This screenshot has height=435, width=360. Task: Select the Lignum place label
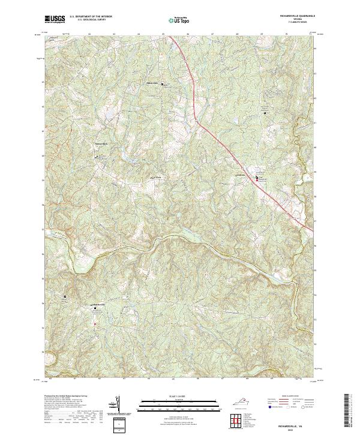pyautogui.click(x=241, y=175)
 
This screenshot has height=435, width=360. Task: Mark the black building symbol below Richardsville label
pyautogui.click(x=94, y=310)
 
